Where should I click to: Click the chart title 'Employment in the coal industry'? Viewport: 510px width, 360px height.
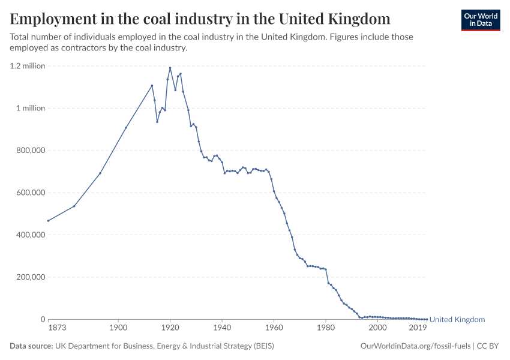point(200,19)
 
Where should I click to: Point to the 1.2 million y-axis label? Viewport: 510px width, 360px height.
point(28,66)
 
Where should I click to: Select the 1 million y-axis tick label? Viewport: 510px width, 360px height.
point(30,109)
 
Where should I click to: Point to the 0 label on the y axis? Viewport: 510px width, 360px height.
point(42,319)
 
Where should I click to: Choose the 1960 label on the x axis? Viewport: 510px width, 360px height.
point(274,328)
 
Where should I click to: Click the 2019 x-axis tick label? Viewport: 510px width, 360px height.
point(418,328)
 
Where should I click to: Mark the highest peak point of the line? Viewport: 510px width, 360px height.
point(170,68)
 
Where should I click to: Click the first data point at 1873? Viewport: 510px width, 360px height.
point(48,221)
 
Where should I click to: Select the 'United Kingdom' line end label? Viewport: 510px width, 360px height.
point(457,320)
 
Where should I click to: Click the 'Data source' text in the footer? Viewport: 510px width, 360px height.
point(31,346)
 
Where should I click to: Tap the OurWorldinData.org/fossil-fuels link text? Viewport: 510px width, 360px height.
point(415,346)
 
